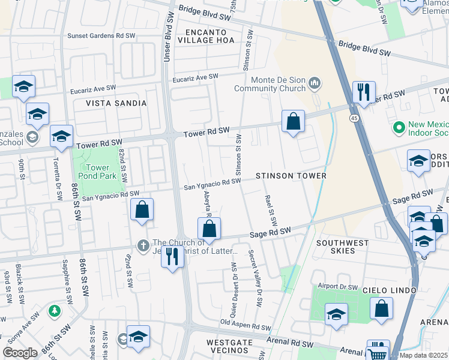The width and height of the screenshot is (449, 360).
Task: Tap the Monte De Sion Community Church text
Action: click(x=270, y=85)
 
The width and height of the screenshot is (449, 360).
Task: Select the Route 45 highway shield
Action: click(x=355, y=119)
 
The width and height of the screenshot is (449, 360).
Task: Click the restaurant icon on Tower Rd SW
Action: click(x=364, y=92)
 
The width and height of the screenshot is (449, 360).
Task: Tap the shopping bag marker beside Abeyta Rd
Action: click(x=209, y=229)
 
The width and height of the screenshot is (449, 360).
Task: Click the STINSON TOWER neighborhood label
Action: click(x=291, y=176)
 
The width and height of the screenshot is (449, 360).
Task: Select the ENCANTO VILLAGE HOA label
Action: click(x=208, y=36)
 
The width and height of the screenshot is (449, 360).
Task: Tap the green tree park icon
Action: click(x=55, y=311)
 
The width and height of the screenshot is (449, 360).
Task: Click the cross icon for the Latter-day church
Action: click(x=143, y=245)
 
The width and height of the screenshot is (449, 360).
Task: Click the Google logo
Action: click(x=20, y=352)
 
